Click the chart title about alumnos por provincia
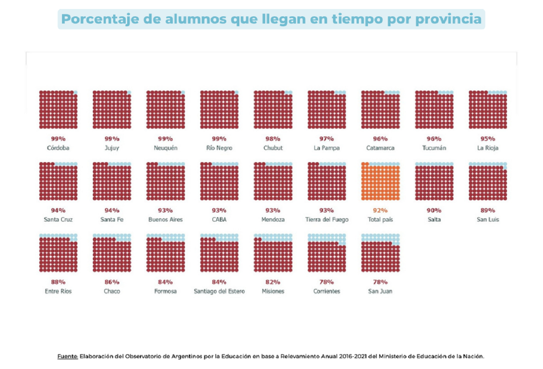pyautogui.click(x=271, y=19)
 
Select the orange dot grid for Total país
pyautogui.click(x=380, y=181)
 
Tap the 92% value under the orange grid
pyautogui.click(x=380, y=210)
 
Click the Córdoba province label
pyautogui.click(x=58, y=148)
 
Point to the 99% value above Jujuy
pyautogui.click(x=112, y=139)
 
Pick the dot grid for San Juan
pyautogui.click(x=380, y=253)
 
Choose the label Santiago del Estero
pyautogui.click(x=219, y=291)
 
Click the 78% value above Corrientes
pyautogui.click(x=327, y=282)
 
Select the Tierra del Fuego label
pyautogui.click(x=327, y=220)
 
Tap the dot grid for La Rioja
pyautogui.click(x=488, y=110)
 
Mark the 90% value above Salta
pyautogui.click(x=434, y=210)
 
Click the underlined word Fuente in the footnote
pyautogui.click(x=68, y=356)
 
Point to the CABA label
pyautogui.click(x=219, y=220)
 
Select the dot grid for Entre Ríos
pyautogui.click(x=58, y=253)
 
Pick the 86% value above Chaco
pyautogui.click(x=112, y=282)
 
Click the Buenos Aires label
pyautogui.click(x=165, y=220)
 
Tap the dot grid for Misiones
pyautogui.click(x=273, y=253)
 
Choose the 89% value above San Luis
pyautogui.click(x=488, y=210)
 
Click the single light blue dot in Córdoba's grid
pyautogui.click(x=76, y=92)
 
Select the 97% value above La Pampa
pyautogui.click(x=327, y=139)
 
